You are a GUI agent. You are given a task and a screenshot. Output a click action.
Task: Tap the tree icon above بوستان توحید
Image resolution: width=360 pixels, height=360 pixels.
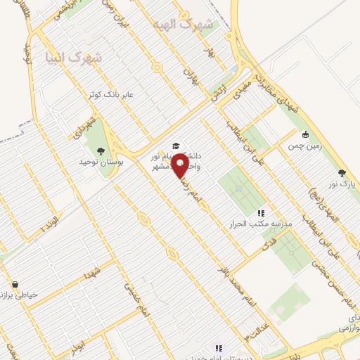[x=101, y=150]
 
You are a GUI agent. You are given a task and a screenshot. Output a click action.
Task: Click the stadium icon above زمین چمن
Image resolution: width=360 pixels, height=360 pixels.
[x=304, y=135]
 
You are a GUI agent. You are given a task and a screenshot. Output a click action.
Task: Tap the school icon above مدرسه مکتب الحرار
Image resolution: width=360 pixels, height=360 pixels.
[x=260, y=212]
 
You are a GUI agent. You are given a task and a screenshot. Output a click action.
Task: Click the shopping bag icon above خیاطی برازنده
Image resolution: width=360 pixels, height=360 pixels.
[x=15, y=285]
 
